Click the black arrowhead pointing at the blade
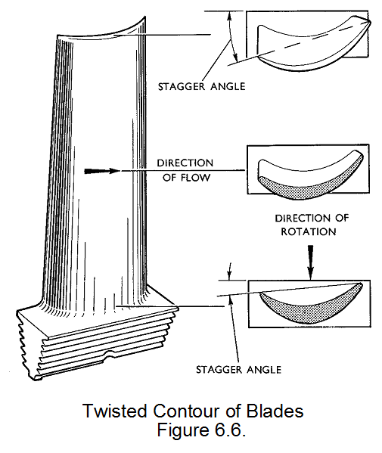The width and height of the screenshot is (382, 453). [x=98, y=171]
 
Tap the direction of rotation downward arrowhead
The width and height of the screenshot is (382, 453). [x=310, y=268]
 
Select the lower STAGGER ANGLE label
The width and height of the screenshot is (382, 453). [x=238, y=370]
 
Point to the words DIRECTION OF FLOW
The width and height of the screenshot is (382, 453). [x=185, y=170]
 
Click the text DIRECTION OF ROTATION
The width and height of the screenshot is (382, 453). [x=310, y=225]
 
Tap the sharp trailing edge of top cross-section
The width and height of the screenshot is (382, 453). [x=368, y=21]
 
